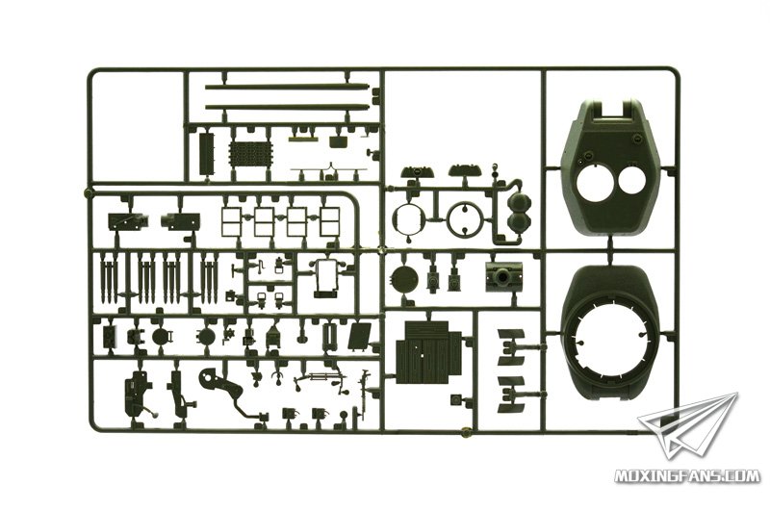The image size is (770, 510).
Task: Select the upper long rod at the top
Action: point(287,87)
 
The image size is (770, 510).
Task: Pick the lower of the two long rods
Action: point(287,106)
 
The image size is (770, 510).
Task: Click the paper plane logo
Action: point(687,429)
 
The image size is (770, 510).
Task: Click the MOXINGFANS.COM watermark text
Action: point(687,475)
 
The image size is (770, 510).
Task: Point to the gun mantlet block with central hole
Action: point(503,277)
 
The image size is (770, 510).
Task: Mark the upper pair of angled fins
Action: point(511,347)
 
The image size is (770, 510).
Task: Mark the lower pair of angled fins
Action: point(511,395)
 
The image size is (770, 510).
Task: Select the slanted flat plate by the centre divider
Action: point(360,336)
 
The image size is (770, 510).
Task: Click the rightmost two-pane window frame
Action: point(329,221)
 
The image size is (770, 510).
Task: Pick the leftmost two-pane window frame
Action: point(231,221)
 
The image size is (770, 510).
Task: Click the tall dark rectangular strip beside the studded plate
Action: point(208,153)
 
